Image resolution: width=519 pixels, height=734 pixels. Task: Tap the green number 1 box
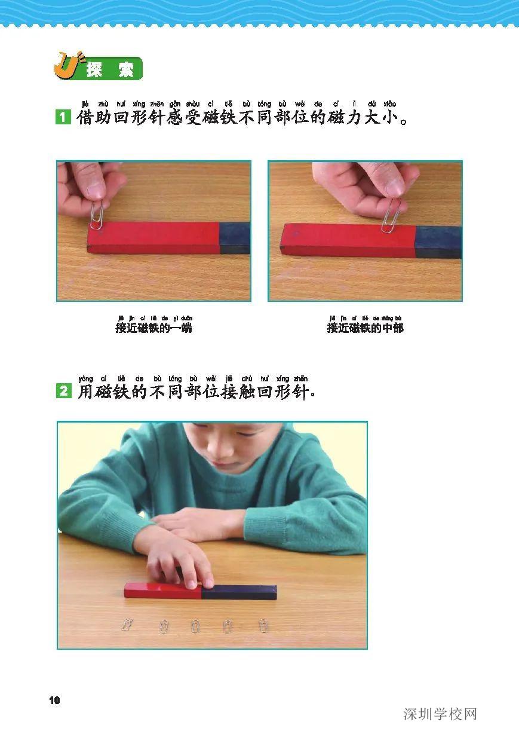click(x=63, y=116)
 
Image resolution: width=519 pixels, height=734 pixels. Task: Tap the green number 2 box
click(x=63, y=392)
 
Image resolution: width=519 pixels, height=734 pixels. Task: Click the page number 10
click(x=55, y=701)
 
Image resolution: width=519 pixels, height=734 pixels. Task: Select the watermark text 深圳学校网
click(x=440, y=714)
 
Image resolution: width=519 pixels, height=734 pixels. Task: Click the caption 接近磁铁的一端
click(x=153, y=328)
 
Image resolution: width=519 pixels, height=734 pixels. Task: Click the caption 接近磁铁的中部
click(x=365, y=328)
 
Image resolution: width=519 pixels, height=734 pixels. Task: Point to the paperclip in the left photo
click(x=97, y=213)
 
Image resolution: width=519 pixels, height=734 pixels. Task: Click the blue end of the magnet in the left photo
click(x=235, y=238)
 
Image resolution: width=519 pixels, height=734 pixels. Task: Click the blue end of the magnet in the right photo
click(x=438, y=241)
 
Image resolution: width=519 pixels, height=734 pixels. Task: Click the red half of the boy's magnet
click(x=161, y=591)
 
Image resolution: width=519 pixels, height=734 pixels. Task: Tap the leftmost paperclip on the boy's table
click(x=127, y=625)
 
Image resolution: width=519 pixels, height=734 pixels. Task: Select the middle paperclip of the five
click(x=195, y=626)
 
